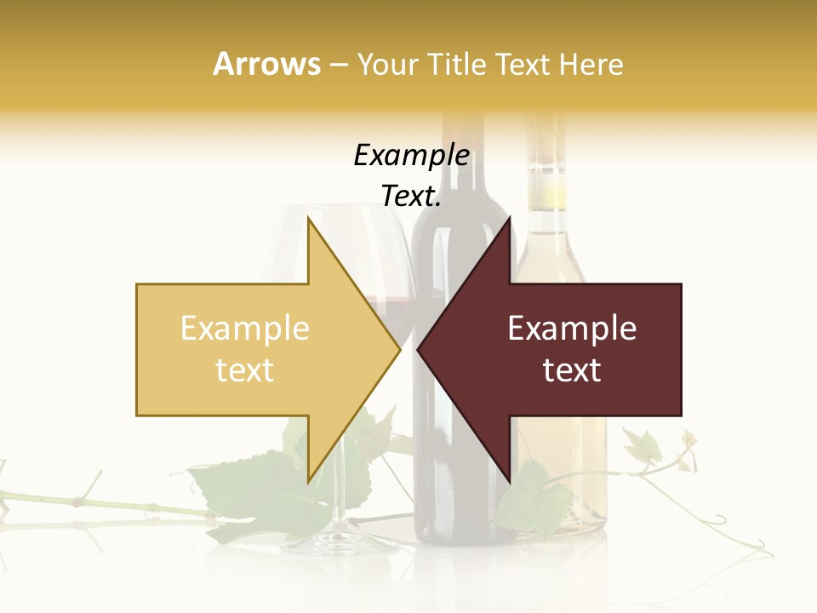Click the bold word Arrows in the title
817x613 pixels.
point(266,64)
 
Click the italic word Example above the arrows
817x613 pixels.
point(411,156)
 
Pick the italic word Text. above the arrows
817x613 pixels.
point(411,197)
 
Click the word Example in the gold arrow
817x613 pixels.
point(244,329)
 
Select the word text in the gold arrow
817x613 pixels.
point(244,370)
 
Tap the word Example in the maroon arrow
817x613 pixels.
point(572,329)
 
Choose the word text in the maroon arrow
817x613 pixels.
point(572,370)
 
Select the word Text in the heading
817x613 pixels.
point(524,64)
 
